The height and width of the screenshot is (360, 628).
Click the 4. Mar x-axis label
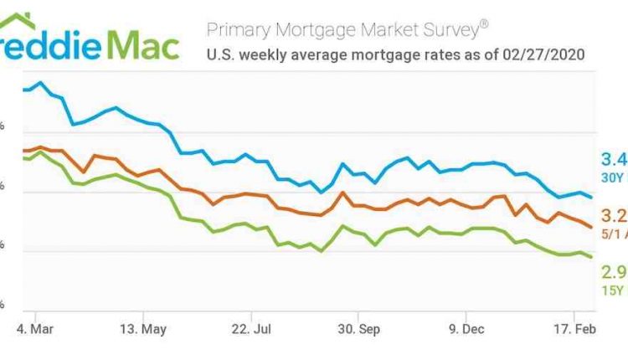point(36,328)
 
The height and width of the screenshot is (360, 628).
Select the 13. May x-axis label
point(143,328)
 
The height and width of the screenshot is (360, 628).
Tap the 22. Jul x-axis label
point(251,328)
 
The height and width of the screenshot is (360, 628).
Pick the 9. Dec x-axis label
point(466,328)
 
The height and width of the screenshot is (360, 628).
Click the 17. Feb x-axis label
point(574,328)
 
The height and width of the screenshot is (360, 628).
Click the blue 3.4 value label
point(614,160)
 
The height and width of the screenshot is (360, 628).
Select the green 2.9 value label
point(614,273)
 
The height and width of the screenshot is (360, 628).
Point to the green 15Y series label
point(614,290)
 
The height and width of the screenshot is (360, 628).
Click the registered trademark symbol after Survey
point(483,23)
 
